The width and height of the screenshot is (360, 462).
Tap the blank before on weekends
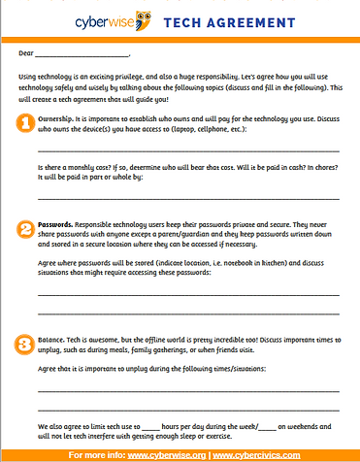[264, 428]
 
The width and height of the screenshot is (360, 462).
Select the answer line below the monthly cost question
[188, 197]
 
